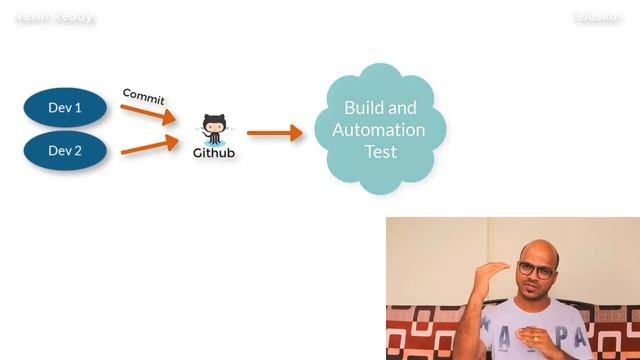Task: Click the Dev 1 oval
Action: [x=65, y=107]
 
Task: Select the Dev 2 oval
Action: [x=65, y=151]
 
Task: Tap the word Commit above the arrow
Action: [x=143, y=96]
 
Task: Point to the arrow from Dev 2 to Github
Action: [x=148, y=146]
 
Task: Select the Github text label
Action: [x=214, y=153]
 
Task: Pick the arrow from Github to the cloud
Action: [x=274, y=132]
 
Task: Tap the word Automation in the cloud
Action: [x=379, y=130]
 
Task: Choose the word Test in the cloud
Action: [x=380, y=152]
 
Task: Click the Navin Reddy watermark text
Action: [x=55, y=17]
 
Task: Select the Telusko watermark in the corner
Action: [x=598, y=17]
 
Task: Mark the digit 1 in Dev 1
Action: [x=78, y=107]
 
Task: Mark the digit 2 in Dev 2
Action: [x=78, y=151]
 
